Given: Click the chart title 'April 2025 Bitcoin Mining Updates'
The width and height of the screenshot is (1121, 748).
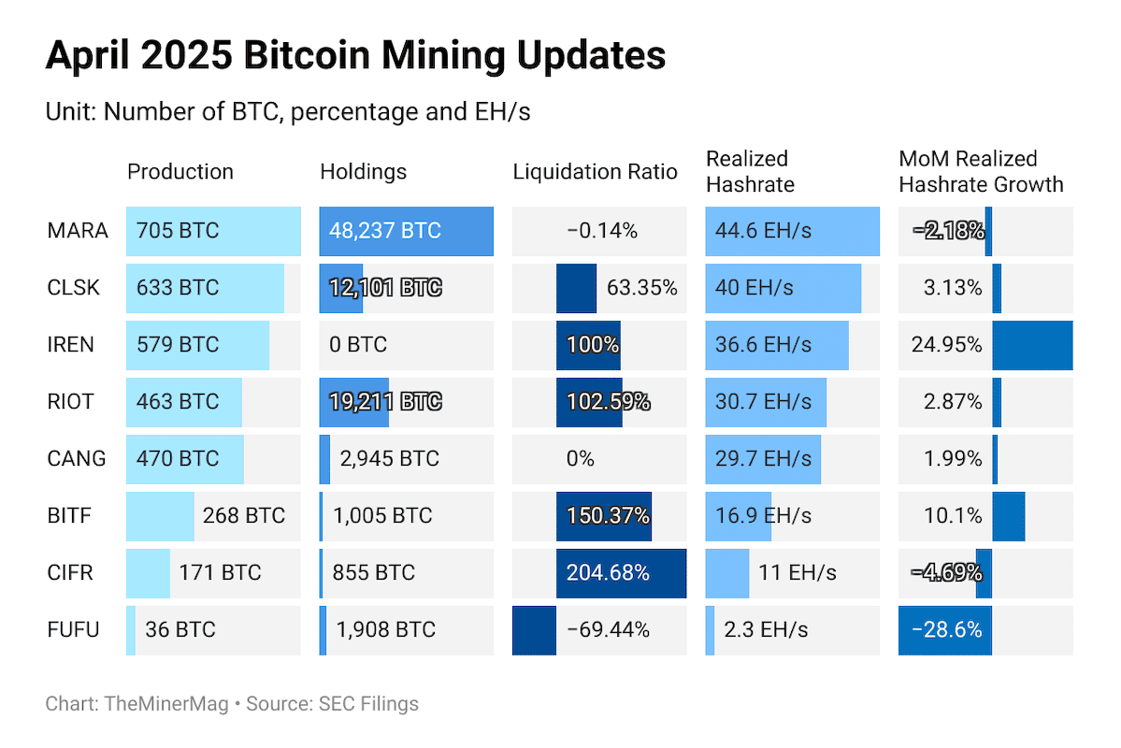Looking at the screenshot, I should [355, 56].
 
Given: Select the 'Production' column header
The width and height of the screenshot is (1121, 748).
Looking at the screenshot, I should [180, 172].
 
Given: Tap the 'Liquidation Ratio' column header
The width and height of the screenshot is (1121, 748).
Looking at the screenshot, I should [595, 172].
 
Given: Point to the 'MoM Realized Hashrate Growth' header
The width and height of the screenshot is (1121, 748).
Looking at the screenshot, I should [981, 172].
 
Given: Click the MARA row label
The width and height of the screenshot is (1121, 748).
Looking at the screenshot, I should [78, 231].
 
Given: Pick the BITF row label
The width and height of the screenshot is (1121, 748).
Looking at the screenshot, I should [70, 516].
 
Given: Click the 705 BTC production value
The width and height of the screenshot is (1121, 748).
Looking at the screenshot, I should [178, 231].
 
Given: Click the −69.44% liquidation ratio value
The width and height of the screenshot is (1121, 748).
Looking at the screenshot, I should [608, 630].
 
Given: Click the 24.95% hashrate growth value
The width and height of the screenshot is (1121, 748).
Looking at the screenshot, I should [946, 345].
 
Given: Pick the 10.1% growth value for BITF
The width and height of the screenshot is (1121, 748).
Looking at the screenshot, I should [959, 516].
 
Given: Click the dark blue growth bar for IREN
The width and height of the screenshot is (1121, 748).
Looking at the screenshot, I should [1032, 345].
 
